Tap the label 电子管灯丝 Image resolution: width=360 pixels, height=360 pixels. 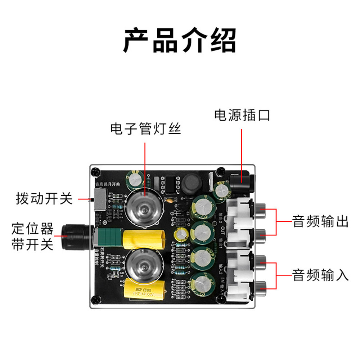coord(145,129)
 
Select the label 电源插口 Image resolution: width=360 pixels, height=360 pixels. coord(242,115)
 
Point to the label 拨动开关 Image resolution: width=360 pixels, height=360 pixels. coord(44,199)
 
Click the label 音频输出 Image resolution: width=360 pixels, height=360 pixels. coord(320,221)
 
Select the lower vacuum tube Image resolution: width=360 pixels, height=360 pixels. coord(143,264)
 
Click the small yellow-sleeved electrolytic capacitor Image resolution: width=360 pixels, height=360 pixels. coord(181,234)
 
